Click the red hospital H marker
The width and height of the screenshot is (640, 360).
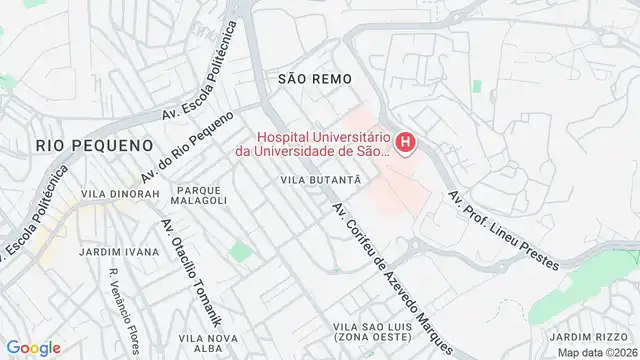click(x=405, y=144)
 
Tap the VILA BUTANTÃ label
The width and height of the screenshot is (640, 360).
click(x=320, y=179)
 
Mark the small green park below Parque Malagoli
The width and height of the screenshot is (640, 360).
click(x=238, y=252)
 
